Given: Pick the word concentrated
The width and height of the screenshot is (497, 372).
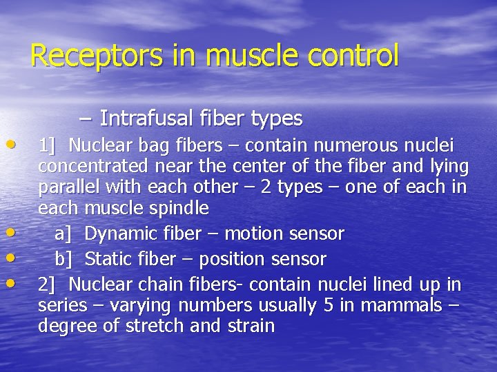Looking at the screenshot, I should tap(92, 167).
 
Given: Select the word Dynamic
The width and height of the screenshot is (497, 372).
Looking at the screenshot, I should tap(121, 234).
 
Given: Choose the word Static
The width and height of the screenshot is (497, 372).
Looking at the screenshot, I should tap(111, 260).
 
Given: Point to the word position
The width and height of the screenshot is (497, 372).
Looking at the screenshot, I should tap(243, 260).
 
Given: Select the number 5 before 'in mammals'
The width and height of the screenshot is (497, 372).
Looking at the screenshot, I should tap(329, 305).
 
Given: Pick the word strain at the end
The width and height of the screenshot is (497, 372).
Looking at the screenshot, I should tap(251, 326).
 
